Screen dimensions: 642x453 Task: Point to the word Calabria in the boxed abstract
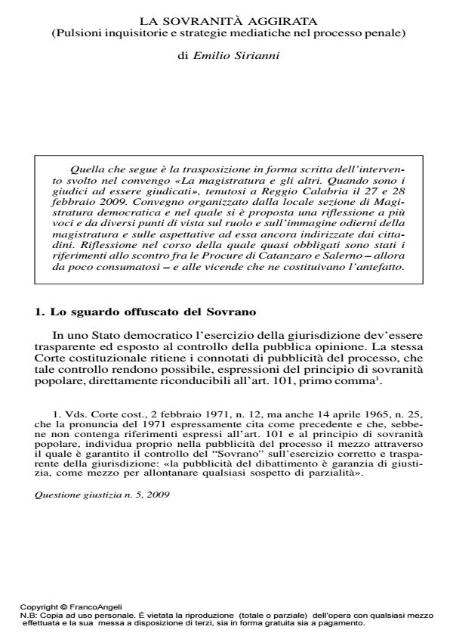pyautogui.click(x=303, y=193)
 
